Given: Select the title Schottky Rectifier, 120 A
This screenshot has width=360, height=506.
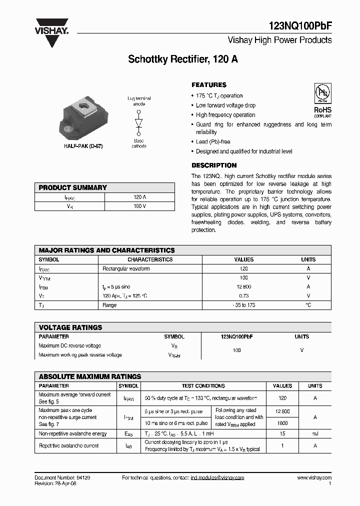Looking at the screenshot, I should pyautogui.click(x=183, y=59).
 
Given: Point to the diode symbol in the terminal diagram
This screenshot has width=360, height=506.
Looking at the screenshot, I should pyautogui.click(x=138, y=123).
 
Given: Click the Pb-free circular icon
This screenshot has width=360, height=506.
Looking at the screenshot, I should pyautogui.click(x=322, y=93).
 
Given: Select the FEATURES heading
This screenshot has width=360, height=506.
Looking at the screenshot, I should pyautogui.click(x=209, y=85).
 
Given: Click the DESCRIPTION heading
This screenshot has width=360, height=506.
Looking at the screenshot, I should pyautogui.click(x=214, y=165).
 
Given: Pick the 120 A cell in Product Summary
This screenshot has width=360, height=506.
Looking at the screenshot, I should pyautogui.click(x=139, y=197).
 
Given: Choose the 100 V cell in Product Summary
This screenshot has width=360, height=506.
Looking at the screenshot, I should pyautogui.click(x=139, y=206).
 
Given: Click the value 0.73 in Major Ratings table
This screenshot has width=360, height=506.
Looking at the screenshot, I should pyautogui.click(x=244, y=296).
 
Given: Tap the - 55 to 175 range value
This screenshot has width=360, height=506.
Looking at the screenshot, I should pyautogui.click(x=244, y=305).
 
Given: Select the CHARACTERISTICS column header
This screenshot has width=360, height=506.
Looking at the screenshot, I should pyautogui.click(x=150, y=259).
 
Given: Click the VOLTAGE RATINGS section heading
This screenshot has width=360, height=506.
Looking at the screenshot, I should pyautogui.click(x=70, y=327).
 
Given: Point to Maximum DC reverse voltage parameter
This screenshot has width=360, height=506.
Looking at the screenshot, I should pyautogui.click(x=69, y=346).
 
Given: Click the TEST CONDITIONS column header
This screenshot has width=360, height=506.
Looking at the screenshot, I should pyautogui.click(x=203, y=386).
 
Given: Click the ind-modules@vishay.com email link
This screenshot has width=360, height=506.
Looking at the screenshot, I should pyautogui.click(x=217, y=478).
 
